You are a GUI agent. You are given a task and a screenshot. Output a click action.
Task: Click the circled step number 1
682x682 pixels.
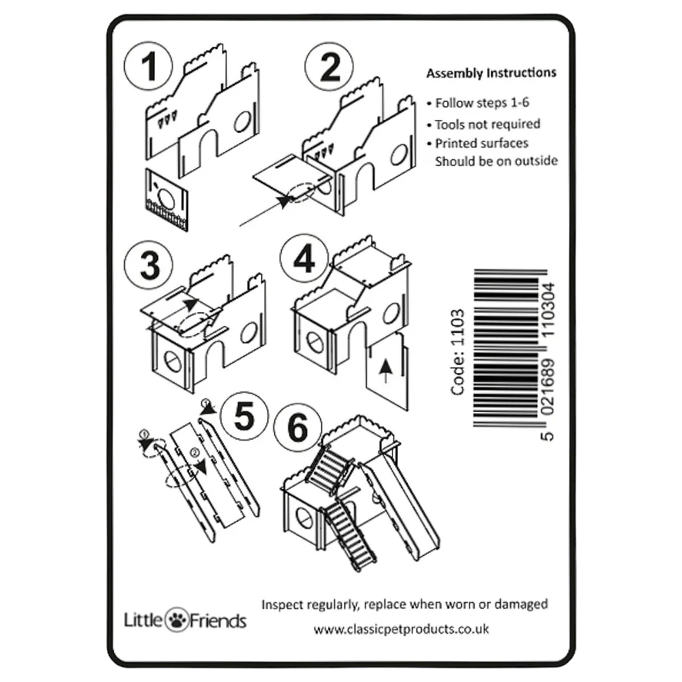point(148,66)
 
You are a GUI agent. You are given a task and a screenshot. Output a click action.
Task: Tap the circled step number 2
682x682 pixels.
point(329,67)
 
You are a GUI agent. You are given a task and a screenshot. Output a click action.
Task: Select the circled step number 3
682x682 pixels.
point(149,265)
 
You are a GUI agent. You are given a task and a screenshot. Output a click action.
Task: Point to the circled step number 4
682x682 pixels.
point(304,258)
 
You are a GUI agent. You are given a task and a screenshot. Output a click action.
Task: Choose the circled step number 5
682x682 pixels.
point(244,416)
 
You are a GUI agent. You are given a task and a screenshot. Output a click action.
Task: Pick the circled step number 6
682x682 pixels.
point(298,427)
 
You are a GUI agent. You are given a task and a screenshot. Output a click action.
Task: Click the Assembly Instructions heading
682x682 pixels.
point(491,73)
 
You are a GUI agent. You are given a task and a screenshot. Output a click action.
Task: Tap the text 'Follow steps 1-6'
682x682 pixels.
point(482,103)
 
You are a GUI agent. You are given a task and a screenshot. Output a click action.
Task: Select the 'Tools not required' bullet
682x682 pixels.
point(484,124)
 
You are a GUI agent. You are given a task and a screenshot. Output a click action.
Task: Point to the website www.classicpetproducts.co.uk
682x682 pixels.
point(401,629)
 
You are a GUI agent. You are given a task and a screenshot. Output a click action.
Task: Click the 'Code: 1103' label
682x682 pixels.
point(458,352)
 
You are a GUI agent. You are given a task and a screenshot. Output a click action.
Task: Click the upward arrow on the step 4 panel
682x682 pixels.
point(385,371)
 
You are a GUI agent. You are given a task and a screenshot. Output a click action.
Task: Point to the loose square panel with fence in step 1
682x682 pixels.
point(166,200)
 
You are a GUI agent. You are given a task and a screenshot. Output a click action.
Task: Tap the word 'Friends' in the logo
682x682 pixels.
point(218,621)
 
